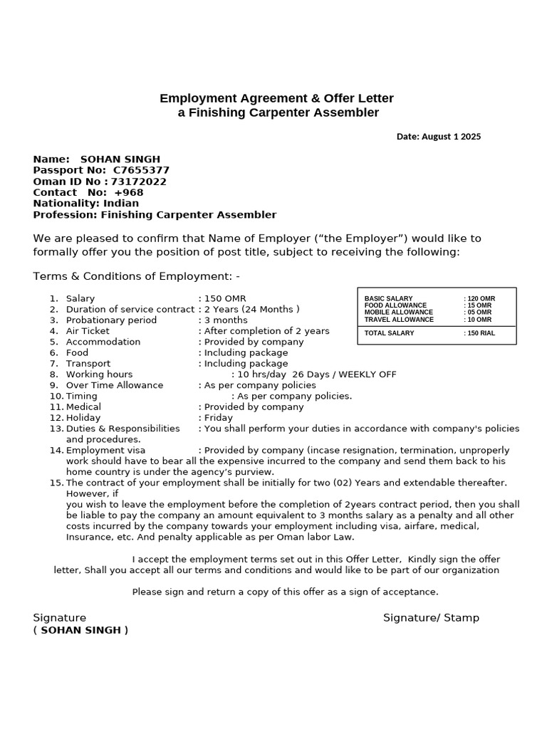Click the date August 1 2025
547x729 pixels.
tap(438, 137)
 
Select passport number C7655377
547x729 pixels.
tap(141, 170)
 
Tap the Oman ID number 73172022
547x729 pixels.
tap(139, 182)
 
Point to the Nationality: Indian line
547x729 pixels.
tap(86, 204)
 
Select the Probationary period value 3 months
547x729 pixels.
tap(226, 320)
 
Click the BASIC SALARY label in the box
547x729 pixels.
tap(388, 299)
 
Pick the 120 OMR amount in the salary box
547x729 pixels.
tap(481, 299)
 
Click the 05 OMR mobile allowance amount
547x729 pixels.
tap(479, 313)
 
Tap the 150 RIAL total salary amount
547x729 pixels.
tap(481, 333)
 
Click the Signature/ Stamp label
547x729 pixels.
tap(431, 618)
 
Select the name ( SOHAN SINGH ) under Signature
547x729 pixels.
tap(80, 630)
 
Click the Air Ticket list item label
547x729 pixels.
tap(88, 331)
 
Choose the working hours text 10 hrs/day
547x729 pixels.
tap(261, 374)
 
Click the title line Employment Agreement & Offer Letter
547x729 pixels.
tap(276, 98)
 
